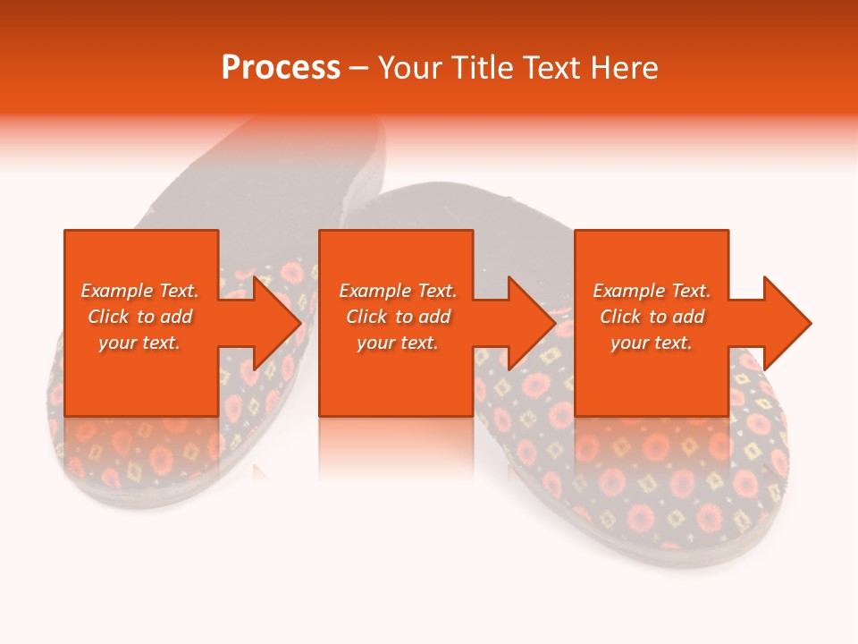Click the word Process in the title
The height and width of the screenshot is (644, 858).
[281, 68]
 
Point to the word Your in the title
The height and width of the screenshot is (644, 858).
[410, 68]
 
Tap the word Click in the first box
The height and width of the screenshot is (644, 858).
[108, 317]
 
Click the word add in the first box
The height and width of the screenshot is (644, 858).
[176, 317]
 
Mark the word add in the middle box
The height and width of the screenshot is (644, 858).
[434, 317]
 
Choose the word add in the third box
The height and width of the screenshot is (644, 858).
[688, 317]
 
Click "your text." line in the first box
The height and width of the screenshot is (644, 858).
[139, 343]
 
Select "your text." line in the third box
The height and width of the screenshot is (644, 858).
[652, 343]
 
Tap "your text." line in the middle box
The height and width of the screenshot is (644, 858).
[398, 343]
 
